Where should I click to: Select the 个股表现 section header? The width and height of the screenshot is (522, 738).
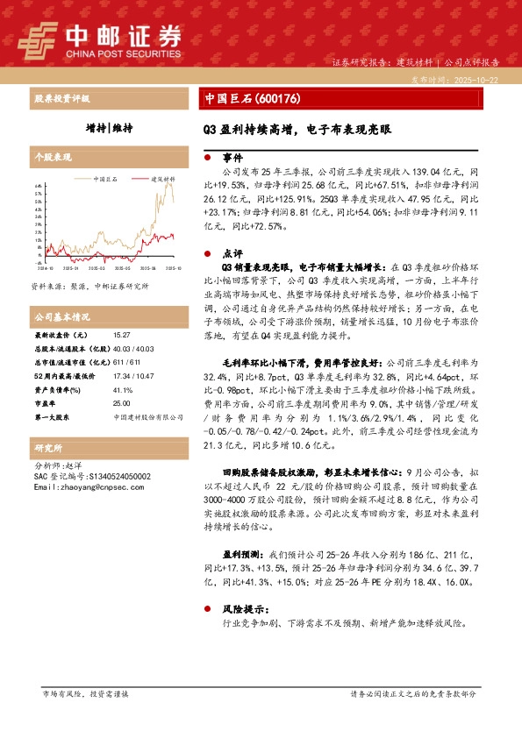click(x=52, y=156)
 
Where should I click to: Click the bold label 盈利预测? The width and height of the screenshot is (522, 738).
click(x=240, y=554)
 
